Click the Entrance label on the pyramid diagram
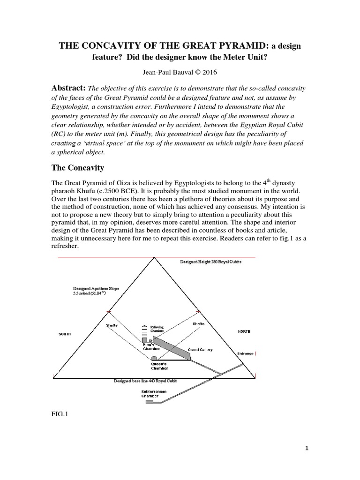(247, 353)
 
